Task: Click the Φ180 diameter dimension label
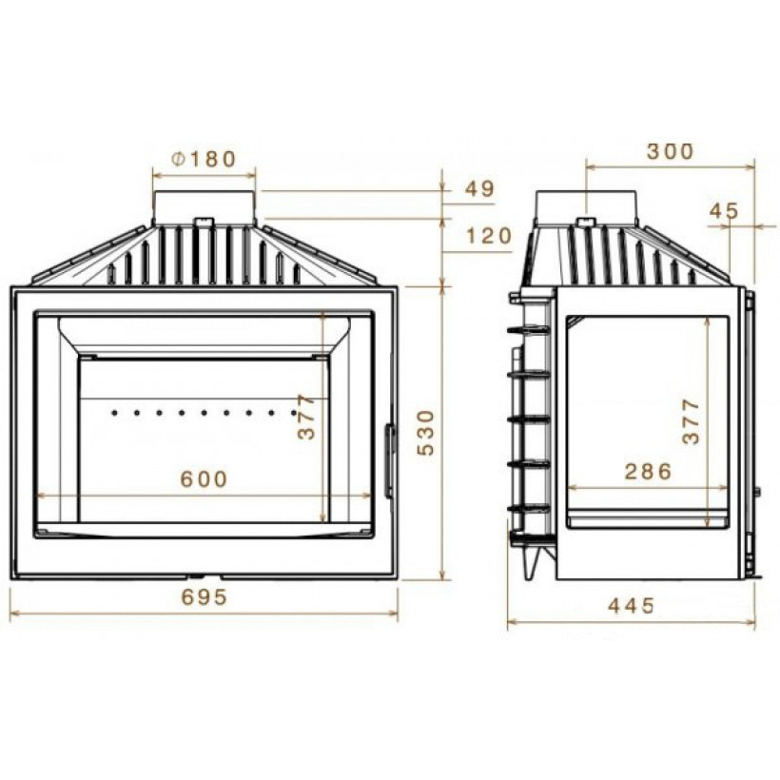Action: click(x=203, y=159)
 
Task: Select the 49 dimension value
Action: click(x=480, y=188)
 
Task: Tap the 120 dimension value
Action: click(x=490, y=236)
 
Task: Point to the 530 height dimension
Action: click(x=425, y=433)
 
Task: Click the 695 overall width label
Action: click(x=205, y=597)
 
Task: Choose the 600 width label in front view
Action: click(x=204, y=479)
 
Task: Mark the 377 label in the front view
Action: click(x=306, y=417)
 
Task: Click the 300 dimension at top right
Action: click(x=670, y=152)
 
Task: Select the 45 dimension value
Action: click(x=725, y=211)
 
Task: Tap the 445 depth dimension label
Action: click(x=632, y=605)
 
